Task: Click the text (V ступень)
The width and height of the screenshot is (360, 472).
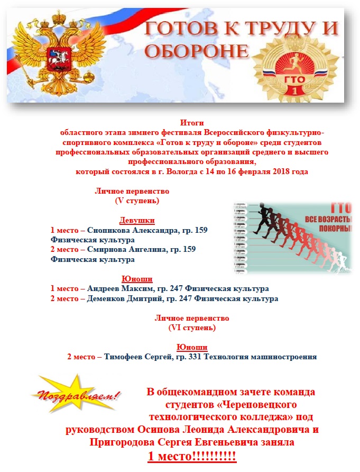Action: point(137,201)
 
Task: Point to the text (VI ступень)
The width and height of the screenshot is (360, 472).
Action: point(191,328)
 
